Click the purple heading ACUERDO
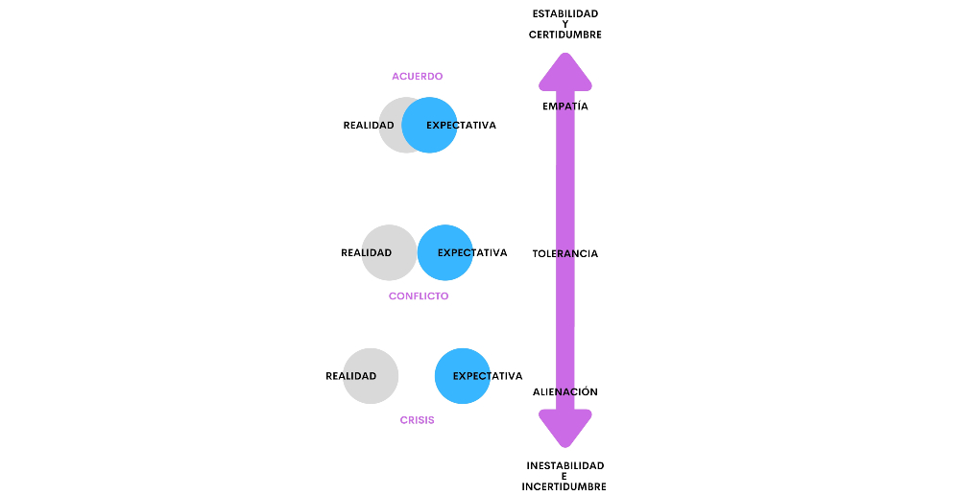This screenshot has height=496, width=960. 417,76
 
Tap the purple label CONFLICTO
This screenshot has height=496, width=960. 419,296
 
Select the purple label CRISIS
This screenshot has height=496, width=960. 417,420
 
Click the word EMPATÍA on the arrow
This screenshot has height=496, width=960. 565,106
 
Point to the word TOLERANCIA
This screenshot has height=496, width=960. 565,254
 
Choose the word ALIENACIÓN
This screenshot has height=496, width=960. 565,392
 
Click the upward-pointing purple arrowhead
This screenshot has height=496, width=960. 565,71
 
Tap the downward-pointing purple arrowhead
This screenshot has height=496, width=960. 565,428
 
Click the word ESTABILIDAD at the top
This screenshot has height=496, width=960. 565,13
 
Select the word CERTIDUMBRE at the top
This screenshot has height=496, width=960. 565,35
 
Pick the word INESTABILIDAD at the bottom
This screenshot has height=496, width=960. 565,465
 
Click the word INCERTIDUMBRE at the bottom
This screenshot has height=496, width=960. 564,486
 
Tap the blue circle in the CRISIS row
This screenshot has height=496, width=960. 463,376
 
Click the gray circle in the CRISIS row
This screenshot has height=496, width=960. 371,376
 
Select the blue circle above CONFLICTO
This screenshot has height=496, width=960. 445,252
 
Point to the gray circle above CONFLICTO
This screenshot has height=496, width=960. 389,252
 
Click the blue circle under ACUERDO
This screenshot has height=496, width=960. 430,125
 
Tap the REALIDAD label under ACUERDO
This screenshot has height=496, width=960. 370,126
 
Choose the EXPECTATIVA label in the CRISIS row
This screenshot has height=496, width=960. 488,376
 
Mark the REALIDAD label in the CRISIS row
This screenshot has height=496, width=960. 351,376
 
